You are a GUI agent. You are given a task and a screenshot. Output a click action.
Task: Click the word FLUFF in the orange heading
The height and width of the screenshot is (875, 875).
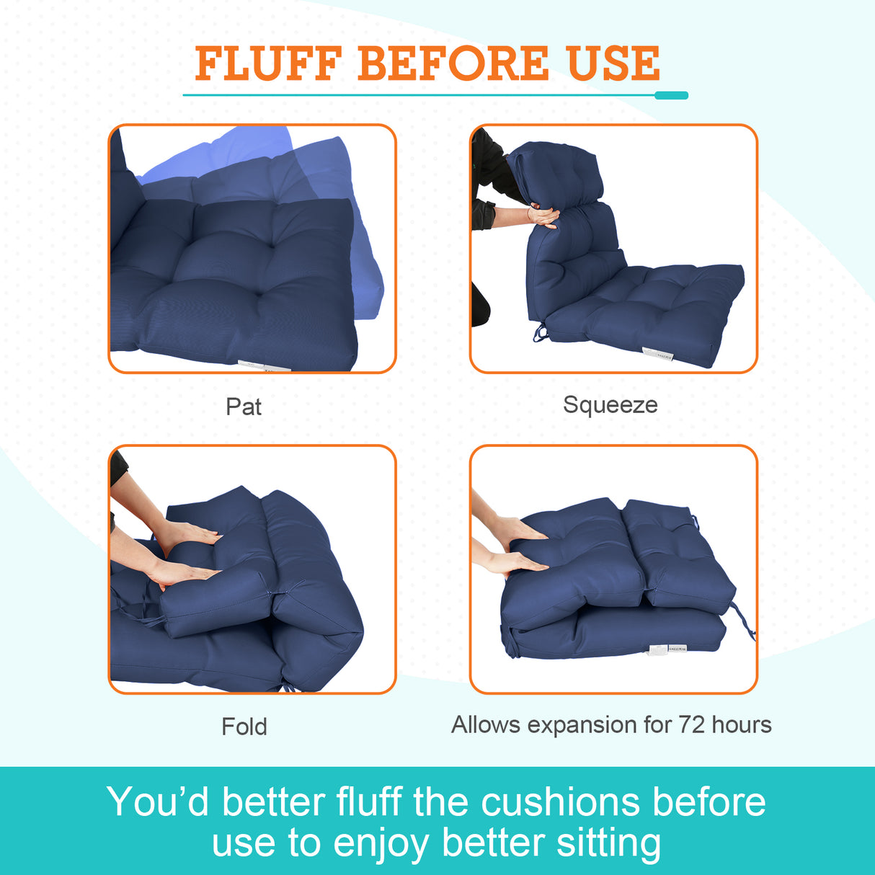click(x=267, y=63)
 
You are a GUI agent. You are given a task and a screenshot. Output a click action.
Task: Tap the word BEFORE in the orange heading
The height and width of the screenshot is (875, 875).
click(x=453, y=63)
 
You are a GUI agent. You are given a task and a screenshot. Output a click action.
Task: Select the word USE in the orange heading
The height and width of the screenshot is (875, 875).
click(x=613, y=63)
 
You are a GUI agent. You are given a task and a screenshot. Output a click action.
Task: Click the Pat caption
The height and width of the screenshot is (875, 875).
click(x=244, y=407)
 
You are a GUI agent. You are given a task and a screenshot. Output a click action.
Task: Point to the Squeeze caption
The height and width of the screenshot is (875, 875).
click(x=610, y=404)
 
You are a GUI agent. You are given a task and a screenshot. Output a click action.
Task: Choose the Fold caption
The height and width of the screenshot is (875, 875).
click(x=244, y=726)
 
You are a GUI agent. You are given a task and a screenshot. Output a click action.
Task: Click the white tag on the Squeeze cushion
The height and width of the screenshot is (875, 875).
click(x=657, y=354)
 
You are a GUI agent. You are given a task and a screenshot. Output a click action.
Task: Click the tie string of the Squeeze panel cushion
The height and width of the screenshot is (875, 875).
click(x=540, y=333)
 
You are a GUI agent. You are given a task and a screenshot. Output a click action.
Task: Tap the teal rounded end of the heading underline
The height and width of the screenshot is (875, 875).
click(x=671, y=95)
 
